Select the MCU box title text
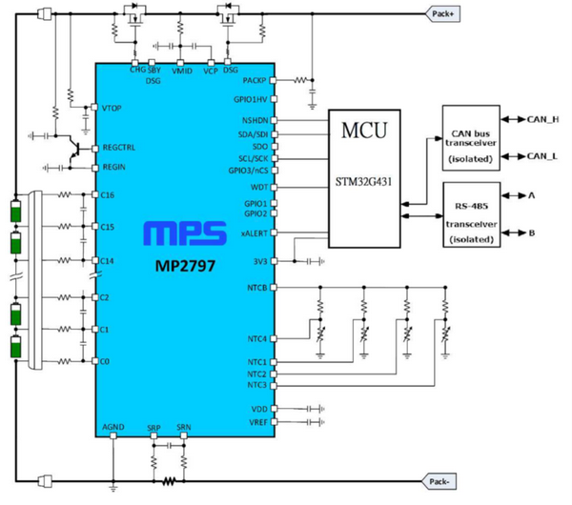(x=364, y=130)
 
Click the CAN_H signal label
(x=543, y=120)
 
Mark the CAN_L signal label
(x=542, y=155)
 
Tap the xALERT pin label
(x=254, y=232)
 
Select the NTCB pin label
(x=255, y=286)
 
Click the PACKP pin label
(x=255, y=81)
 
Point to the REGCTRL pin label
(x=119, y=148)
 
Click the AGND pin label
(x=112, y=427)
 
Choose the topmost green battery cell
(x=15, y=211)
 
